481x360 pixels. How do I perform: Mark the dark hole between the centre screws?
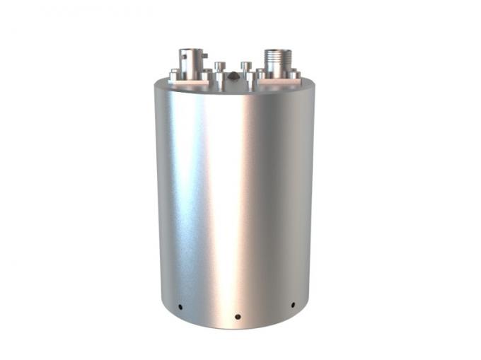[234, 76]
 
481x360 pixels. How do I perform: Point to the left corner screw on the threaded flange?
[260, 74]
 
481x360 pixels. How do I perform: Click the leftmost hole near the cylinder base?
[180, 307]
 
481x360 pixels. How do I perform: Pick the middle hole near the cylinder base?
[238, 316]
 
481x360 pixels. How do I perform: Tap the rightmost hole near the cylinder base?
[293, 306]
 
